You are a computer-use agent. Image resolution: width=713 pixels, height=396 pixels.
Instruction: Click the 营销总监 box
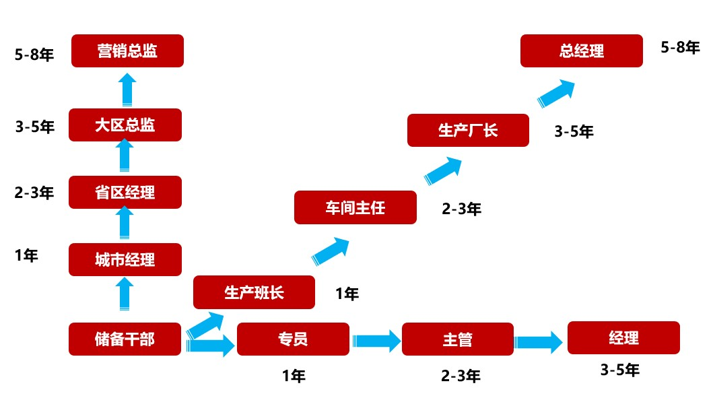[x=127, y=51]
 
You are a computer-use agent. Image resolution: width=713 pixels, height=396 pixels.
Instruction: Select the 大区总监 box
[x=125, y=125]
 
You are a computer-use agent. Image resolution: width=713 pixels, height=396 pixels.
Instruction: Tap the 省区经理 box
[x=125, y=192]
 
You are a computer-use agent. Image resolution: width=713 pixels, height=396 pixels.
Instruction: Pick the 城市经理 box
[x=125, y=259]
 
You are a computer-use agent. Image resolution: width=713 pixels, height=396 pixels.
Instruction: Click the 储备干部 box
[x=125, y=339]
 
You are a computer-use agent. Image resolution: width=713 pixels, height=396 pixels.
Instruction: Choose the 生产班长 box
[x=254, y=292]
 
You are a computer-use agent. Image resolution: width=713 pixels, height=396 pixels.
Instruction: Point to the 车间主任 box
[x=355, y=207]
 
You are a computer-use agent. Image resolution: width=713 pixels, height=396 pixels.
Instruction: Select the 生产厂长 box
[x=468, y=130]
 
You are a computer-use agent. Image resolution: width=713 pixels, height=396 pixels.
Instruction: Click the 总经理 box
[x=582, y=51]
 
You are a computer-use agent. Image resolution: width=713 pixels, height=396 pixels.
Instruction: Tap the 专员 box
[x=293, y=339]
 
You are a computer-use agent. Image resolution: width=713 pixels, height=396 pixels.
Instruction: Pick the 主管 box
[x=457, y=339]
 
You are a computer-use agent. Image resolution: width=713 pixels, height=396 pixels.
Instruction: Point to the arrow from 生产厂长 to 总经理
[x=556, y=92]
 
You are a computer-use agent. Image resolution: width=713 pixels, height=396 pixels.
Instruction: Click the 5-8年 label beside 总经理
[x=680, y=47]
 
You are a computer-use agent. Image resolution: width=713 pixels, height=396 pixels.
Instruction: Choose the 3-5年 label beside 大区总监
[x=34, y=125]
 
